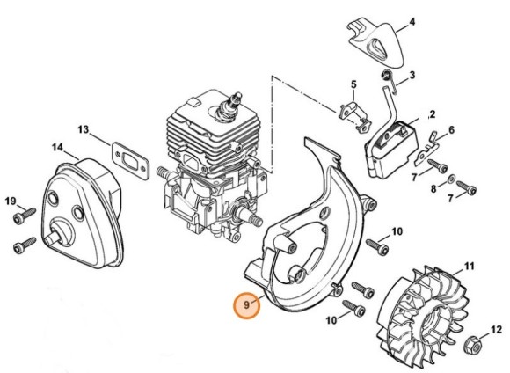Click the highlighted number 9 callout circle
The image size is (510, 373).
(x=247, y=306)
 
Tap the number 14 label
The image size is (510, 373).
(x=56, y=147)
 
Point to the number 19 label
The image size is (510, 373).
(x=11, y=201)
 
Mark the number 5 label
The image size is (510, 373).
(x=353, y=84)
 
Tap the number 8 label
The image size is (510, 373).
(x=433, y=187)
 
